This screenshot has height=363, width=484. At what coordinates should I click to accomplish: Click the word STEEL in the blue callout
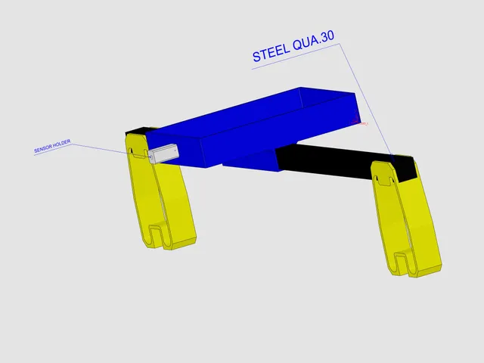click(x=271, y=51)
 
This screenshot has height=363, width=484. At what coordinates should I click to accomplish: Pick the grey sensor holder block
click(x=163, y=154)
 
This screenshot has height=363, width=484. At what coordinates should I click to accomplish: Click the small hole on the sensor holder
click(x=151, y=157)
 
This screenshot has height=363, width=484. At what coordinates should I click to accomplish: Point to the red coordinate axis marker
click(x=358, y=120)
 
